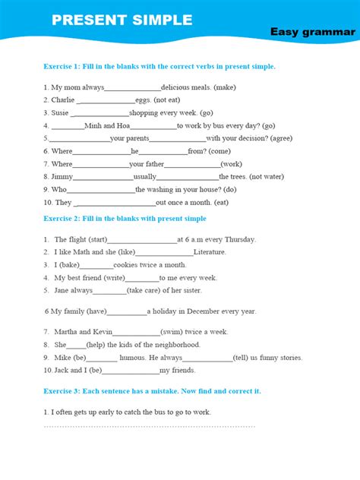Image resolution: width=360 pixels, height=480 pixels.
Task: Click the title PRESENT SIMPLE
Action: coord(122,20)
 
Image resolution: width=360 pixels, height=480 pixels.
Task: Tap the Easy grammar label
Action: coord(312,32)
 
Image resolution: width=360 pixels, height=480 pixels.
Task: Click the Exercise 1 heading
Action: coord(159,66)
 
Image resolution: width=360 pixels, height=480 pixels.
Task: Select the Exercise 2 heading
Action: coord(125,219)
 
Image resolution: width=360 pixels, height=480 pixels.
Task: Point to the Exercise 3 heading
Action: coord(152,390)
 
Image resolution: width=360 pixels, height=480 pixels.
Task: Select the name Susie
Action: coord(60,113)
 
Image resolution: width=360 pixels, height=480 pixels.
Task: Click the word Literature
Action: coord(210,252)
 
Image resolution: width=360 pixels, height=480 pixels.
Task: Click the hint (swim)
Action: coord(172,332)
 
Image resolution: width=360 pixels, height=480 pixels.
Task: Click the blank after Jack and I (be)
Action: coord(130,371)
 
